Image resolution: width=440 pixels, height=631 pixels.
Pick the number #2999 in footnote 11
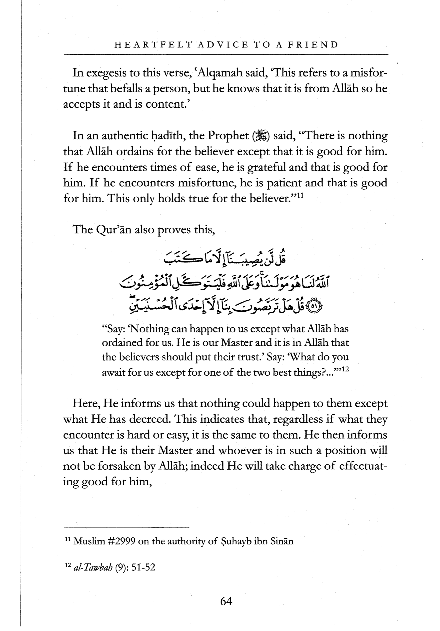(121, 541)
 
